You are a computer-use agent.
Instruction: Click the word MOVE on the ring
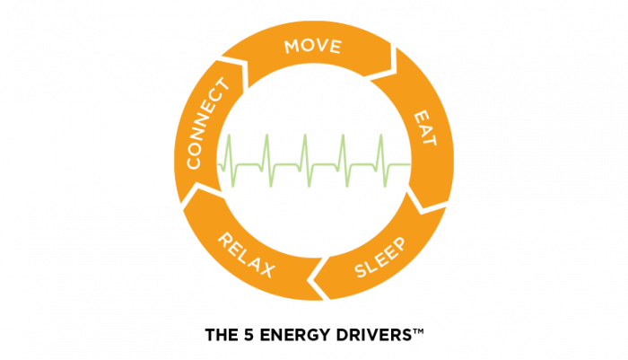pyautogui.click(x=312, y=46)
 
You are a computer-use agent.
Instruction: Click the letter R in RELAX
pyautogui.click(x=225, y=241)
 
